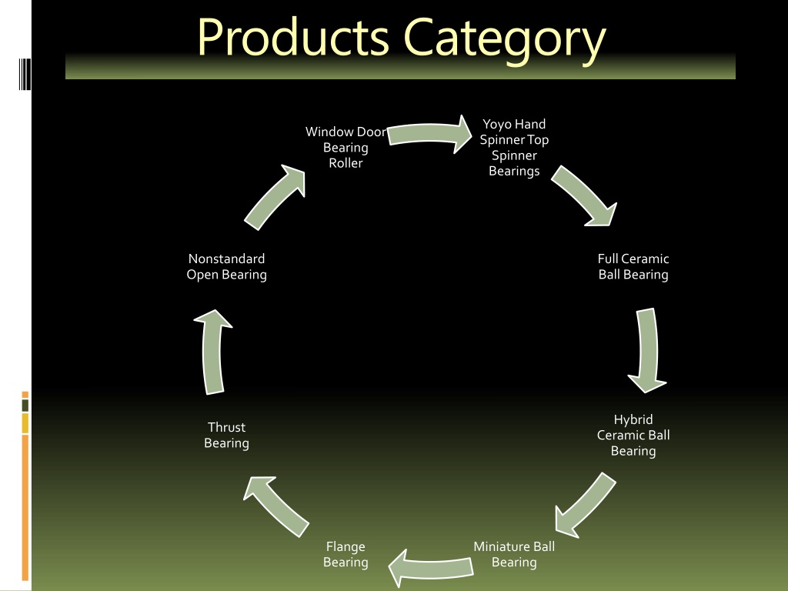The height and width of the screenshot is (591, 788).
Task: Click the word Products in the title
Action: tap(293, 38)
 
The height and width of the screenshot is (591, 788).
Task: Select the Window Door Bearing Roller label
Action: tap(346, 147)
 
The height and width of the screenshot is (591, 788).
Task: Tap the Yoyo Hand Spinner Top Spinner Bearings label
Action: tap(514, 147)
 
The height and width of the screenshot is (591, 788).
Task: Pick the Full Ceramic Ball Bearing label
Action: tap(633, 266)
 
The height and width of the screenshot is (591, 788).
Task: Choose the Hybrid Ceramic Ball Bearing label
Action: tap(633, 436)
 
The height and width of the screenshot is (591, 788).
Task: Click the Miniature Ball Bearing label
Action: tap(514, 554)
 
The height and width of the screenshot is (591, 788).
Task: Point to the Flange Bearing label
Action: tap(346, 554)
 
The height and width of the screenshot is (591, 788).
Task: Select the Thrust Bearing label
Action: tap(227, 436)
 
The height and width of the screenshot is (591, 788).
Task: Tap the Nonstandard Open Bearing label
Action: tap(227, 266)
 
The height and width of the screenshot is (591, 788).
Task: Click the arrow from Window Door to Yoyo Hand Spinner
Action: tap(429, 134)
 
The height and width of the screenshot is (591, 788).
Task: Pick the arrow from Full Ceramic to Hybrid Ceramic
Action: tap(648, 350)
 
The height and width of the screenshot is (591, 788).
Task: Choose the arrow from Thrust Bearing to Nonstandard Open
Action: tap(212, 352)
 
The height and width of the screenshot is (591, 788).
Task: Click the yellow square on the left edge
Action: tap(25, 423)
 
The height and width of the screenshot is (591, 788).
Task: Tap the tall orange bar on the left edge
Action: tap(25, 508)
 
